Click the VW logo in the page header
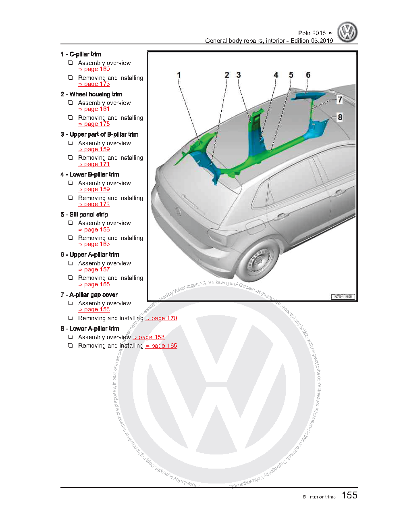click(x=347, y=33)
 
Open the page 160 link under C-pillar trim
click(x=94, y=69)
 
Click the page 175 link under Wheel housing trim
click(x=94, y=124)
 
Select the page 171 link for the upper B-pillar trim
click(x=94, y=165)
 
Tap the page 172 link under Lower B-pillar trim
click(x=94, y=204)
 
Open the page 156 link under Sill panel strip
click(x=94, y=230)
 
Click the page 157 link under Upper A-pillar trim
click(x=94, y=270)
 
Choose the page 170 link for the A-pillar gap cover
click(x=162, y=319)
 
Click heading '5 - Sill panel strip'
click(x=84, y=215)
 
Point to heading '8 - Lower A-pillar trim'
click(x=89, y=329)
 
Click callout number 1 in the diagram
click(x=179, y=75)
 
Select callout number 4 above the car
click(x=276, y=75)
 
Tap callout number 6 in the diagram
click(x=308, y=75)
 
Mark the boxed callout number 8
click(x=340, y=117)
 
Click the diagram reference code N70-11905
click(x=343, y=297)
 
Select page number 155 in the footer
click(x=349, y=496)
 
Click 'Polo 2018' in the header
click(x=312, y=33)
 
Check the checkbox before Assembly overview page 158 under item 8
click(x=71, y=337)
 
